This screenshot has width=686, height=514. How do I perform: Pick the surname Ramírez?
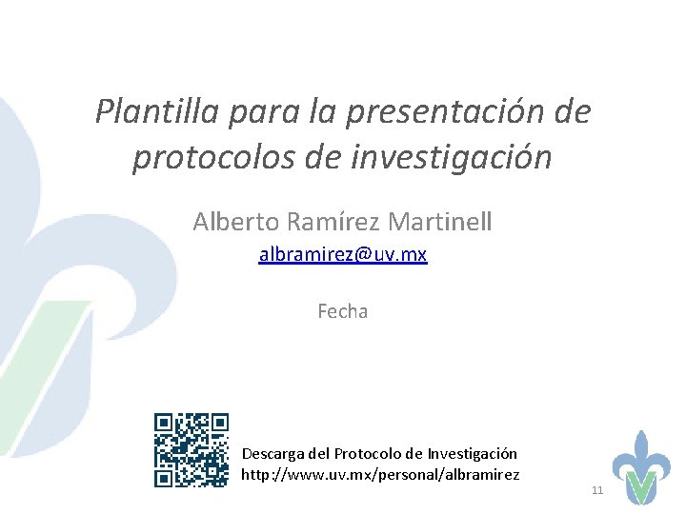[x=327, y=222]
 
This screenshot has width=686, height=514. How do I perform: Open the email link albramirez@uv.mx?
[x=343, y=255]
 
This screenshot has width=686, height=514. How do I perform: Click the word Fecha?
[x=343, y=311]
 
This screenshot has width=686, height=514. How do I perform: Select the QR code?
[x=192, y=450]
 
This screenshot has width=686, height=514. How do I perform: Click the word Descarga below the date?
[x=275, y=454]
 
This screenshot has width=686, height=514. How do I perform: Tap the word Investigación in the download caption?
[x=473, y=454]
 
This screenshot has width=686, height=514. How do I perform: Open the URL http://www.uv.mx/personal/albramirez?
[x=381, y=474]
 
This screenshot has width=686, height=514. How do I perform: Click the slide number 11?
[x=598, y=490]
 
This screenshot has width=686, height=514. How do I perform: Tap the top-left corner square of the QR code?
[x=163, y=422]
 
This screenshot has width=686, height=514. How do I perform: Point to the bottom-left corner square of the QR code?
[x=163, y=479]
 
